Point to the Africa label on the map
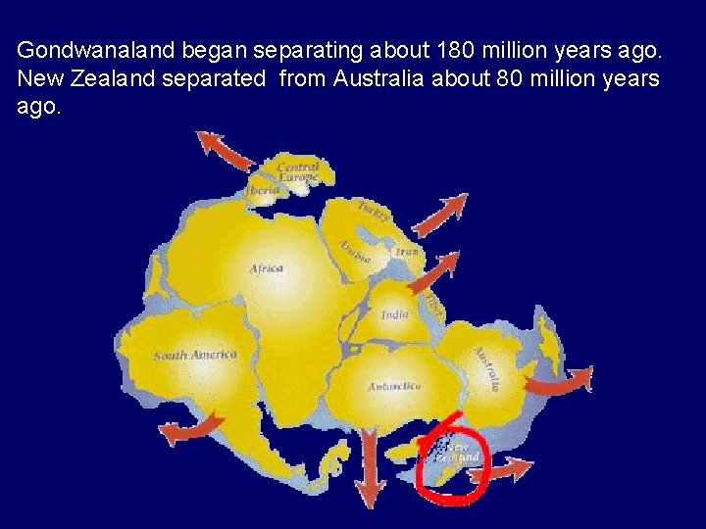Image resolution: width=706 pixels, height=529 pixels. [266, 268]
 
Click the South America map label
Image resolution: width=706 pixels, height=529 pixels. [195, 355]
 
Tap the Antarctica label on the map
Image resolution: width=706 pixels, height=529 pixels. [394, 387]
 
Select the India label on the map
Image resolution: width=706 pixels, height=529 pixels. [395, 314]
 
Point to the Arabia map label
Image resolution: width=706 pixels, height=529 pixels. [354, 252]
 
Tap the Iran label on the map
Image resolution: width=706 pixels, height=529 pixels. [406, 253]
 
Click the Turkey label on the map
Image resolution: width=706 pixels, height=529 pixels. [370, 211]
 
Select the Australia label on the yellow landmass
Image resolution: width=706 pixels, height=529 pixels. [487, 368]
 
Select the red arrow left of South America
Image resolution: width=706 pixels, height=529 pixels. [190, 429]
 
